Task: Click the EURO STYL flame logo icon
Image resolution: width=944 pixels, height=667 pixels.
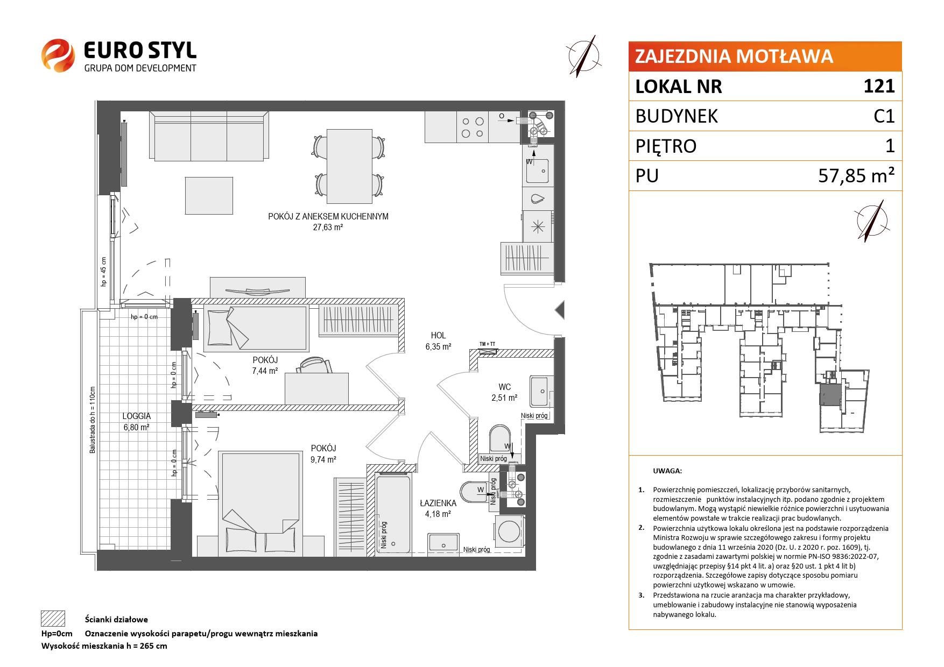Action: (58, 55)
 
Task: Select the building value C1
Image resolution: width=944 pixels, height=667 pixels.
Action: (884, 116)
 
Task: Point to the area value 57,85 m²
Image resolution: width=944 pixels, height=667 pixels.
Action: (857, 175)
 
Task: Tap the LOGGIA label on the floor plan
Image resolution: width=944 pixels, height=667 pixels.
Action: (137, 416)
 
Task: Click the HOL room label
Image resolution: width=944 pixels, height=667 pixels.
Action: (438, 335)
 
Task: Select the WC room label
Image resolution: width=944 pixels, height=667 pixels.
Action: (504, 387)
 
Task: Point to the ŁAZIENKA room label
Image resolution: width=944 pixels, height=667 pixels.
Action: (438, 503)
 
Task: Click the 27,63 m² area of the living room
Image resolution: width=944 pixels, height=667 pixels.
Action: (328, 227)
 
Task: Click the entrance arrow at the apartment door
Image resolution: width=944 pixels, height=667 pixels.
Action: (559, 310)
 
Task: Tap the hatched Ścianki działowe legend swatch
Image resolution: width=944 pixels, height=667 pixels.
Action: (53, 619)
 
